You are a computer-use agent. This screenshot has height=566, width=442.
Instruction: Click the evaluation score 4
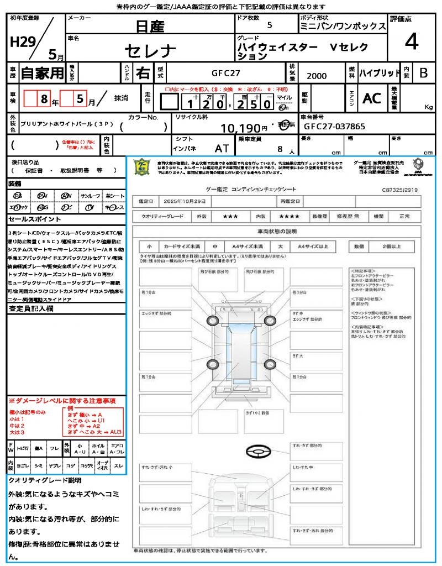(x=411, y=41)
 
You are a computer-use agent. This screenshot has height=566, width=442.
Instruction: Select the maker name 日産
(x=150, y=26)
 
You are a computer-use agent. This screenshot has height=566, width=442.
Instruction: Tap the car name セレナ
(x=150, y=51)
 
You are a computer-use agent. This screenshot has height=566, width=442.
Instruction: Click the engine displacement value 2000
(x=317, y=76)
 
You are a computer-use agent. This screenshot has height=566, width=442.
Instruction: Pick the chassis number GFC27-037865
(x=334, y=127)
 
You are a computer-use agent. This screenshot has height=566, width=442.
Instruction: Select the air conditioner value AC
(x=372, y=98)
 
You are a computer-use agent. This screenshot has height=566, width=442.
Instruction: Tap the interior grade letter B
(x=423, y=73)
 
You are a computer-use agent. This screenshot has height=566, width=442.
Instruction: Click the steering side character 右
(x=143, y=73)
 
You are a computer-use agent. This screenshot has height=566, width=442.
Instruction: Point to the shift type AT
(x=222, y=148)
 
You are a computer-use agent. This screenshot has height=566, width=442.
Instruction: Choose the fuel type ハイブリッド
(x=380, y=73)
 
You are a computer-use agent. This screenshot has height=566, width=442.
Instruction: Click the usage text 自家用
(x=42, y=73)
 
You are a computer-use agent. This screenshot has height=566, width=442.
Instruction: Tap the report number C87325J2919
(x=400, y=190)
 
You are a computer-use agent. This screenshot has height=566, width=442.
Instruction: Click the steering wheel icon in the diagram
(x=257, y=452)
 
